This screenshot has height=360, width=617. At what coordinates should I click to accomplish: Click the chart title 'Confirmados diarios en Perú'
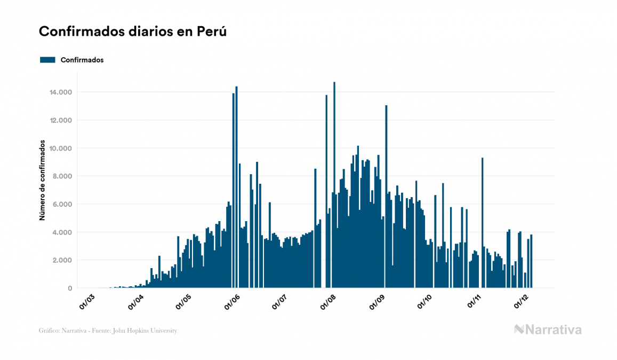[x=133, y=32]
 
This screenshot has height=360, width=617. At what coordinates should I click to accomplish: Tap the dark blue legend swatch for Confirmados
[x=48, y=60]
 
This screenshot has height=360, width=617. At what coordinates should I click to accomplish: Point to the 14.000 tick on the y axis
[x=61, y=92]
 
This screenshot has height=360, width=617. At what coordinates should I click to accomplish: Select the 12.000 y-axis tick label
[x=61, y=120]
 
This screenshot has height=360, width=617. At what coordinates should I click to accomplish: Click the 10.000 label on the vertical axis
[x=61, y=148]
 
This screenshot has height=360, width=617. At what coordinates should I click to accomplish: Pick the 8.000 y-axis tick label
[x=63, y=176]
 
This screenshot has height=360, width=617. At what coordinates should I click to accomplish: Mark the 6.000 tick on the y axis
[x=63, y=205]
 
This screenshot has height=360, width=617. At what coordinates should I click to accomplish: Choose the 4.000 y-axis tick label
[x=63, y=232]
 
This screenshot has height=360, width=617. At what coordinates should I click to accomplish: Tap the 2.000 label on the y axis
[x=63, y=260]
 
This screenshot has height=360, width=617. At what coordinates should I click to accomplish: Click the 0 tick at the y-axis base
[x=69, y=288]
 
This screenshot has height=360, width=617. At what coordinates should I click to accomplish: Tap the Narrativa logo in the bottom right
[x=548, y=330]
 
